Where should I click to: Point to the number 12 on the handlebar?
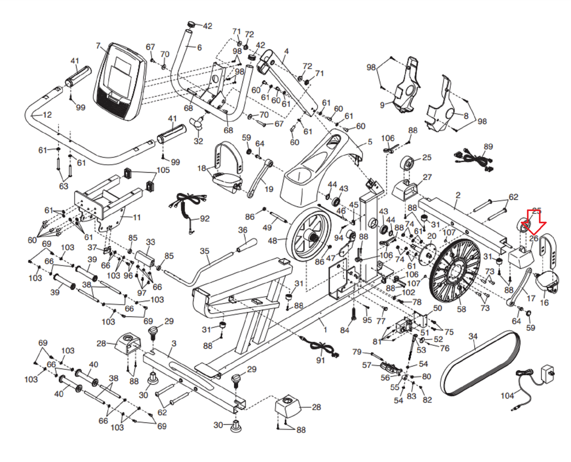tap(47, 115)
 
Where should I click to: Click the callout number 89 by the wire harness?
tap(488, 146)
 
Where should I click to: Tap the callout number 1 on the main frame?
tap(325, 329)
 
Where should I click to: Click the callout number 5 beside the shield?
tap(370, 142)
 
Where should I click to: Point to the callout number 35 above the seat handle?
tap(204, 251)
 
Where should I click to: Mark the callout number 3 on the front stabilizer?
tap(174, 343)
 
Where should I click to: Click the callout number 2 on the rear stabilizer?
tap(458, 195)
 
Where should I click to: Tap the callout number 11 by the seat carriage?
tap(137, 217)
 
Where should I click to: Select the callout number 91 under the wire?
tap(320, 360)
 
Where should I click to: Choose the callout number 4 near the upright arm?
tap(286, 51)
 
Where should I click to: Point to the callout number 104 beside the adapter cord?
tap(507, 396)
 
